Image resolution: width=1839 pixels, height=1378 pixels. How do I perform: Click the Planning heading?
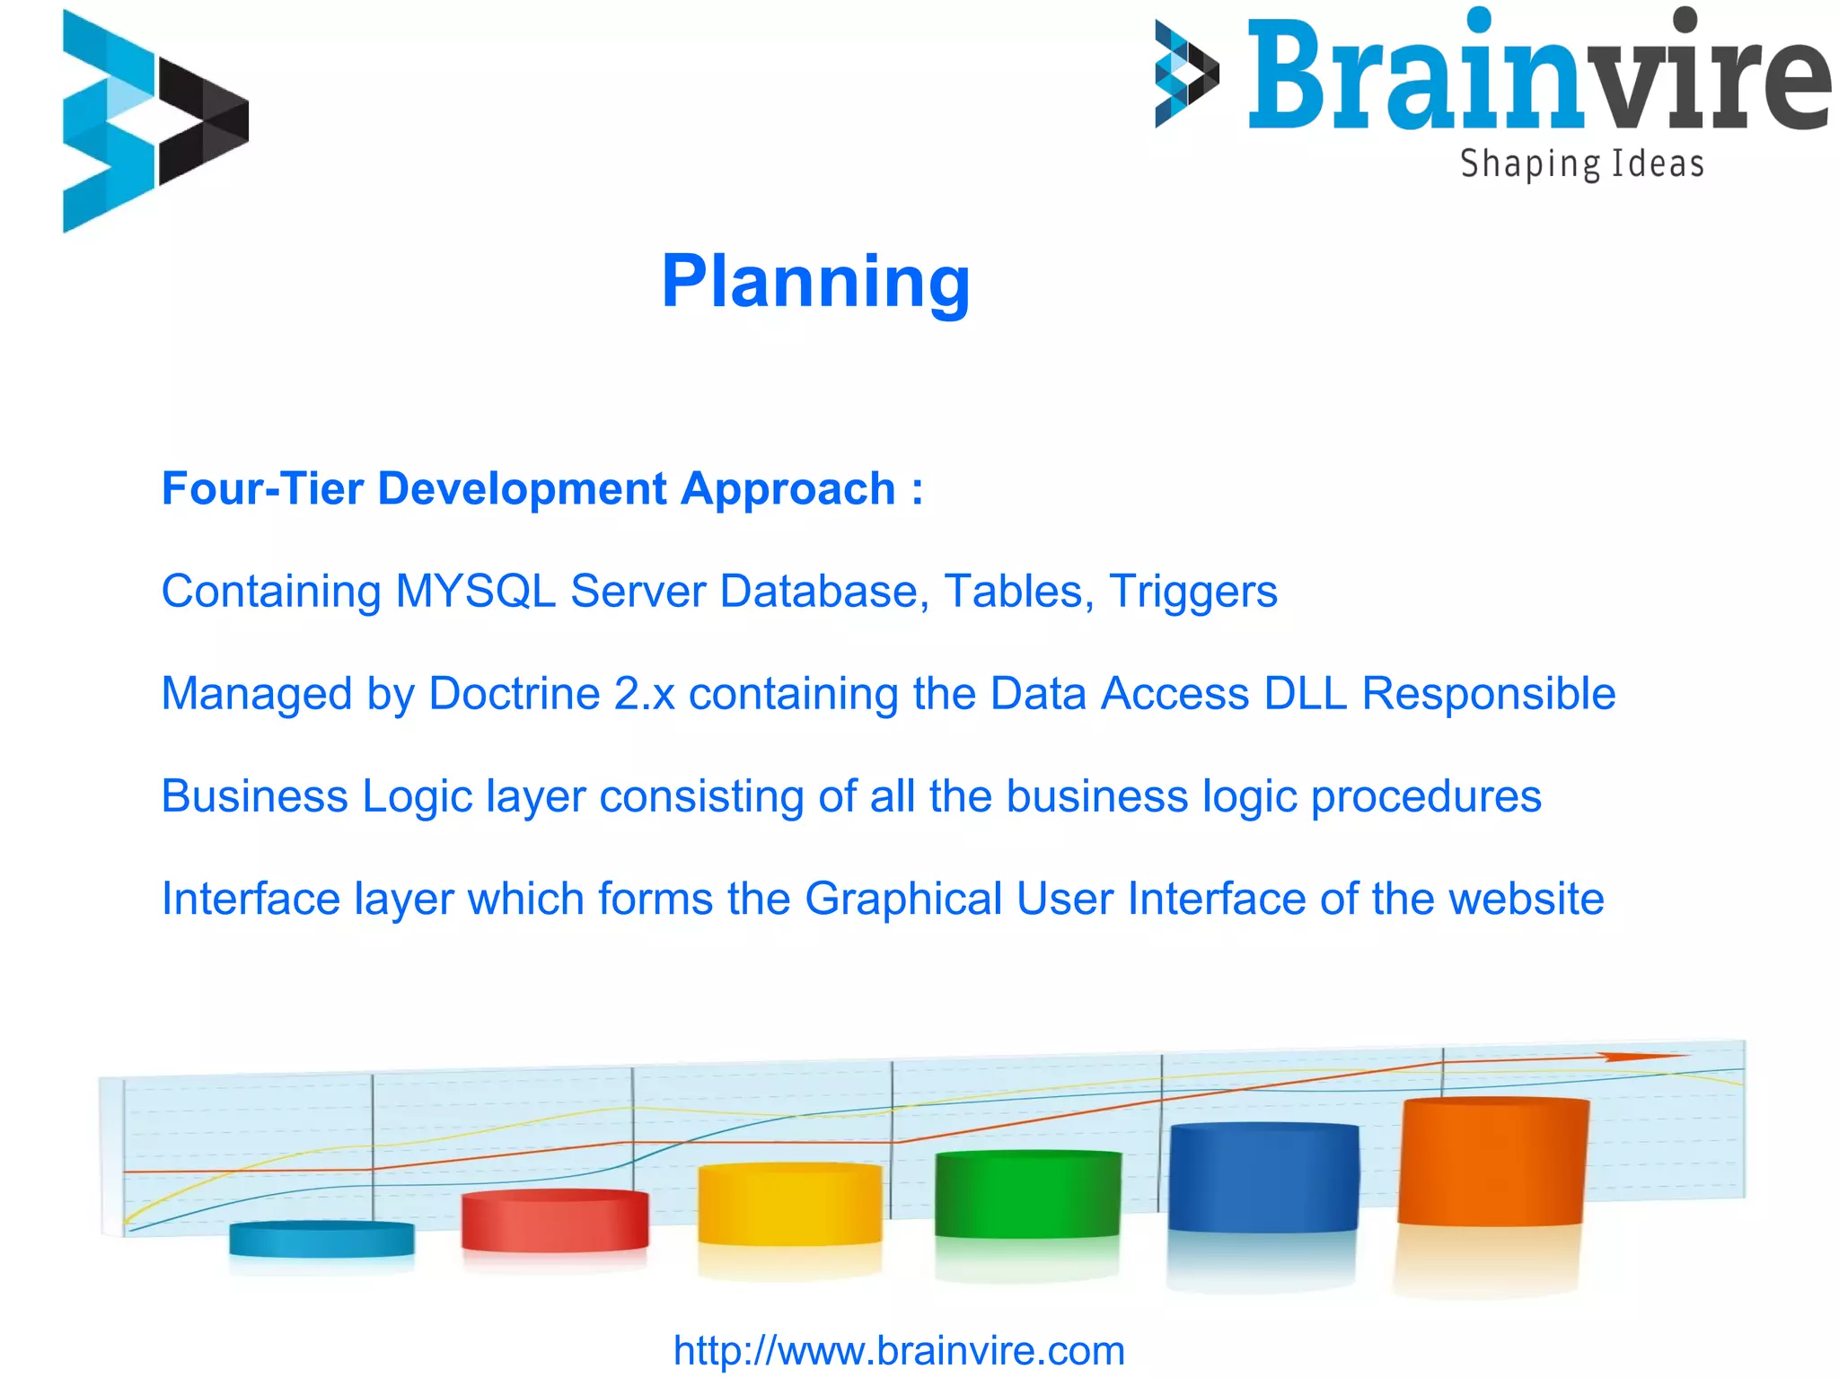815,282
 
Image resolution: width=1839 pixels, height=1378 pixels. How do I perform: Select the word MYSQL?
475,592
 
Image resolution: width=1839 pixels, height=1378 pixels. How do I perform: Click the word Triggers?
1192,592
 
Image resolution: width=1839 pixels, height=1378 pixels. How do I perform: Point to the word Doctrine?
514,694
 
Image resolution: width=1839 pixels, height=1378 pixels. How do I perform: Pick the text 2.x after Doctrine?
644,694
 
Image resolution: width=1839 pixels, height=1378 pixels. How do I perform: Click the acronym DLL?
1305,694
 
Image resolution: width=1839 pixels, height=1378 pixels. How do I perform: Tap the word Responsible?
1489,694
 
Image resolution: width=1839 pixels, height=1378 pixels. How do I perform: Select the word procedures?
1426,797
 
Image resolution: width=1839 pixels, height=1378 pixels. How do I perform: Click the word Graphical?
902,899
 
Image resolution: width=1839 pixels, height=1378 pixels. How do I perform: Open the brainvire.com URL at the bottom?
899,1350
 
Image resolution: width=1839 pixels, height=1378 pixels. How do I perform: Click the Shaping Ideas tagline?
1581,164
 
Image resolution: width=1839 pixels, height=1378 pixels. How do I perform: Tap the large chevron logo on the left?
153,121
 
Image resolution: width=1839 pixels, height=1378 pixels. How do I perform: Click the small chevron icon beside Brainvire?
1185,74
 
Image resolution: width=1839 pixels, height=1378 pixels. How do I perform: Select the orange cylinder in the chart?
1492,1162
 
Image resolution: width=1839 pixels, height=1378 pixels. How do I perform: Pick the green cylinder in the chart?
1027,1194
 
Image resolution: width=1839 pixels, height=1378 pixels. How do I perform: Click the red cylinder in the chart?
554,1220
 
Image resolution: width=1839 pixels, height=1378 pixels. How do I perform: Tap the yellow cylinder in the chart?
789,1204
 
